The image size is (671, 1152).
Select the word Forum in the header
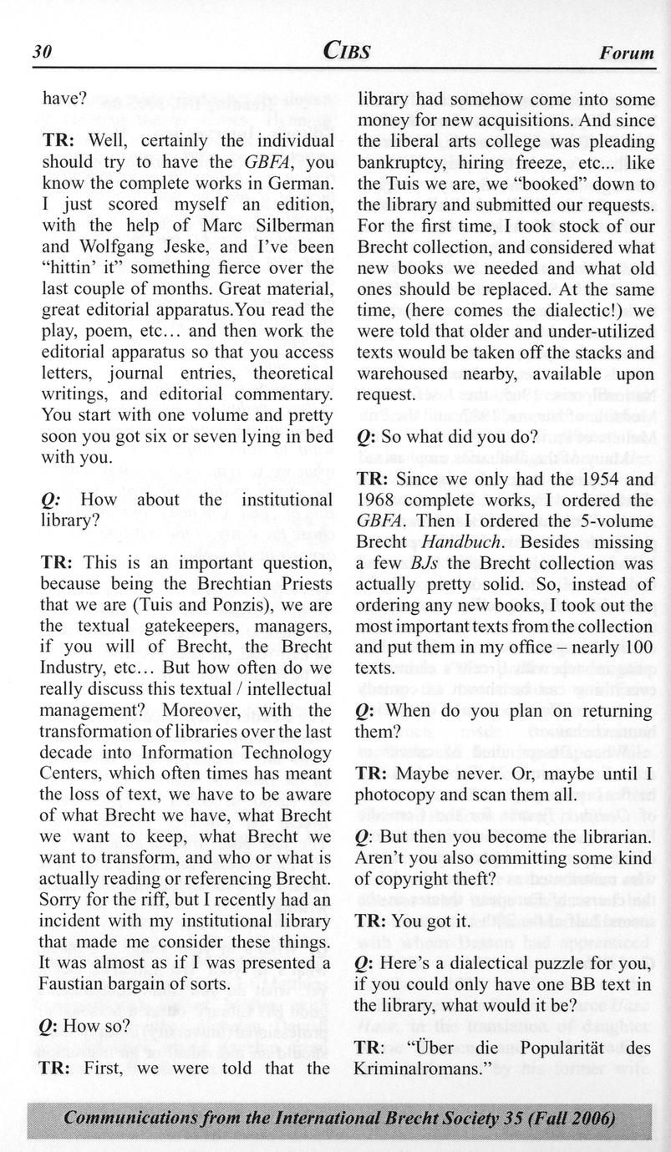coord(626,53)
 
